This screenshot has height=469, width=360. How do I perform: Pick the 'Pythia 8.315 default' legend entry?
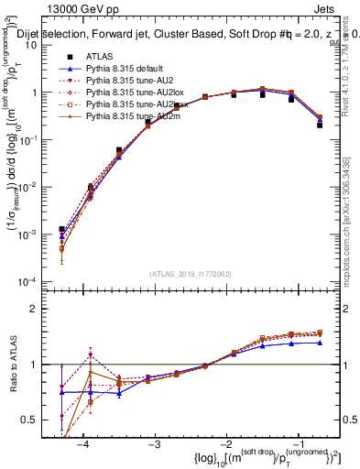125,69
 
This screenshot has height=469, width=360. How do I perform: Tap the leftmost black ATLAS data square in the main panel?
61,229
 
